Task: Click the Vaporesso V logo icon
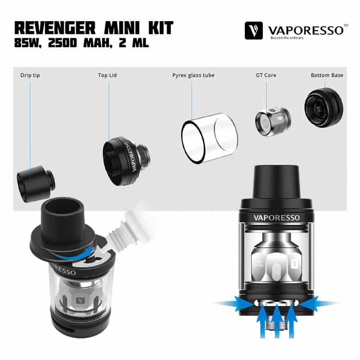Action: click(253, 31)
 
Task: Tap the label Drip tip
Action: click(30, 75)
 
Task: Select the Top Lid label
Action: click(108, 75)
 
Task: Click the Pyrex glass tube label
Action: click(193, 75)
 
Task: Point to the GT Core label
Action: click(266, 75)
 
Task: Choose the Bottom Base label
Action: click(327, 75)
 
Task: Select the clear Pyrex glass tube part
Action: click(209, 138)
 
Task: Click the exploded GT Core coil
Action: click(273, 121)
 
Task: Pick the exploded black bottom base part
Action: click(324, 108)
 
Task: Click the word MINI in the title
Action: click(122, 28)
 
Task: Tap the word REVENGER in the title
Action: click(55, 28)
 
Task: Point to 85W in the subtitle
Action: click(28, 43)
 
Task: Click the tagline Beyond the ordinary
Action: click(287, 38)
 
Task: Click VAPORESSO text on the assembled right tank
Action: click(276, 218)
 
